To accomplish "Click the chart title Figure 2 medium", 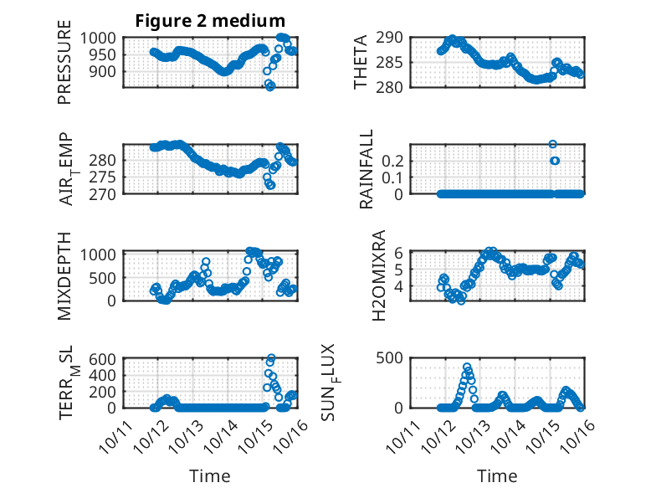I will click(x=210, y=21).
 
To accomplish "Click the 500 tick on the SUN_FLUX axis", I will click(x=395, y=358).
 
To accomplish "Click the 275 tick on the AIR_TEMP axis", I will click(x=107, y=177).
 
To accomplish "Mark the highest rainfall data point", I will click(x=552, y=145).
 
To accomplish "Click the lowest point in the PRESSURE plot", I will click(x=270, y=86).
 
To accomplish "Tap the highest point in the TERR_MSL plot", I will click(x=270, y=358).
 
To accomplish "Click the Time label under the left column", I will click(x=210, y=475).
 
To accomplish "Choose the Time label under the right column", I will click(x=497, y=475).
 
